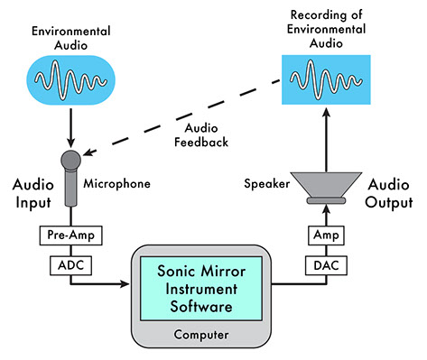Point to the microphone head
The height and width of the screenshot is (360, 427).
[70, 161]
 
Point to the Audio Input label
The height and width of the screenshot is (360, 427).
[29, 189]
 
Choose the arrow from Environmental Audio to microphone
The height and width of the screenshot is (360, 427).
[70, 126]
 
